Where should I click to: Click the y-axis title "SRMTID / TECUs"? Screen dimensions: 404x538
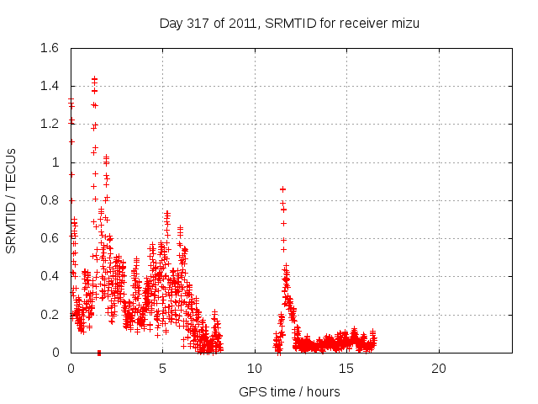pyautogui.click(x=12, y=200)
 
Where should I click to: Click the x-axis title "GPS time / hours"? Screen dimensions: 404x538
pyautogui.click(x=289, y=391)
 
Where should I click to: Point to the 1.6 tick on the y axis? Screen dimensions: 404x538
pyautogui.click(x=49, y=49)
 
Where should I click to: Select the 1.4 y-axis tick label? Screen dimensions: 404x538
pyautogui.click(x=49, y=87)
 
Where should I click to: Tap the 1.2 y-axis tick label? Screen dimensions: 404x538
pyautogui.click(x=49, y=125)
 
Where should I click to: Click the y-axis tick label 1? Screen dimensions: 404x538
pyautogui.click(x=56, y=162)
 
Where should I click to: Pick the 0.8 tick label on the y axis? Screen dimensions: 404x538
pyautogui.click(x=49, y=200)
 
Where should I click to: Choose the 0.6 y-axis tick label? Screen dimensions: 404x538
pyautogui.click(x=49, y=238)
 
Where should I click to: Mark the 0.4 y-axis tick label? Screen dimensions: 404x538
pyautogui.click(x=49, y=276)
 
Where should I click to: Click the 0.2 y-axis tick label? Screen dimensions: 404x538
pyautogui.click(x=49, y=314)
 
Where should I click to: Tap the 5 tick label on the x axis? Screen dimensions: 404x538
pyautogui.click(x=163, y=369)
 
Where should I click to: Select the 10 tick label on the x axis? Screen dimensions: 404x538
pyautogui.click(x=255, y=369)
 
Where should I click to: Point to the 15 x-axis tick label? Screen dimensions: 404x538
pyautogui.click(x=346, y=369)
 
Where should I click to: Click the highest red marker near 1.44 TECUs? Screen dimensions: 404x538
pyautogui.click(x=94, y=79)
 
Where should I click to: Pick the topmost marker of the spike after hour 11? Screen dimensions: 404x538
pyautogui.click(x=282, y=189)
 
